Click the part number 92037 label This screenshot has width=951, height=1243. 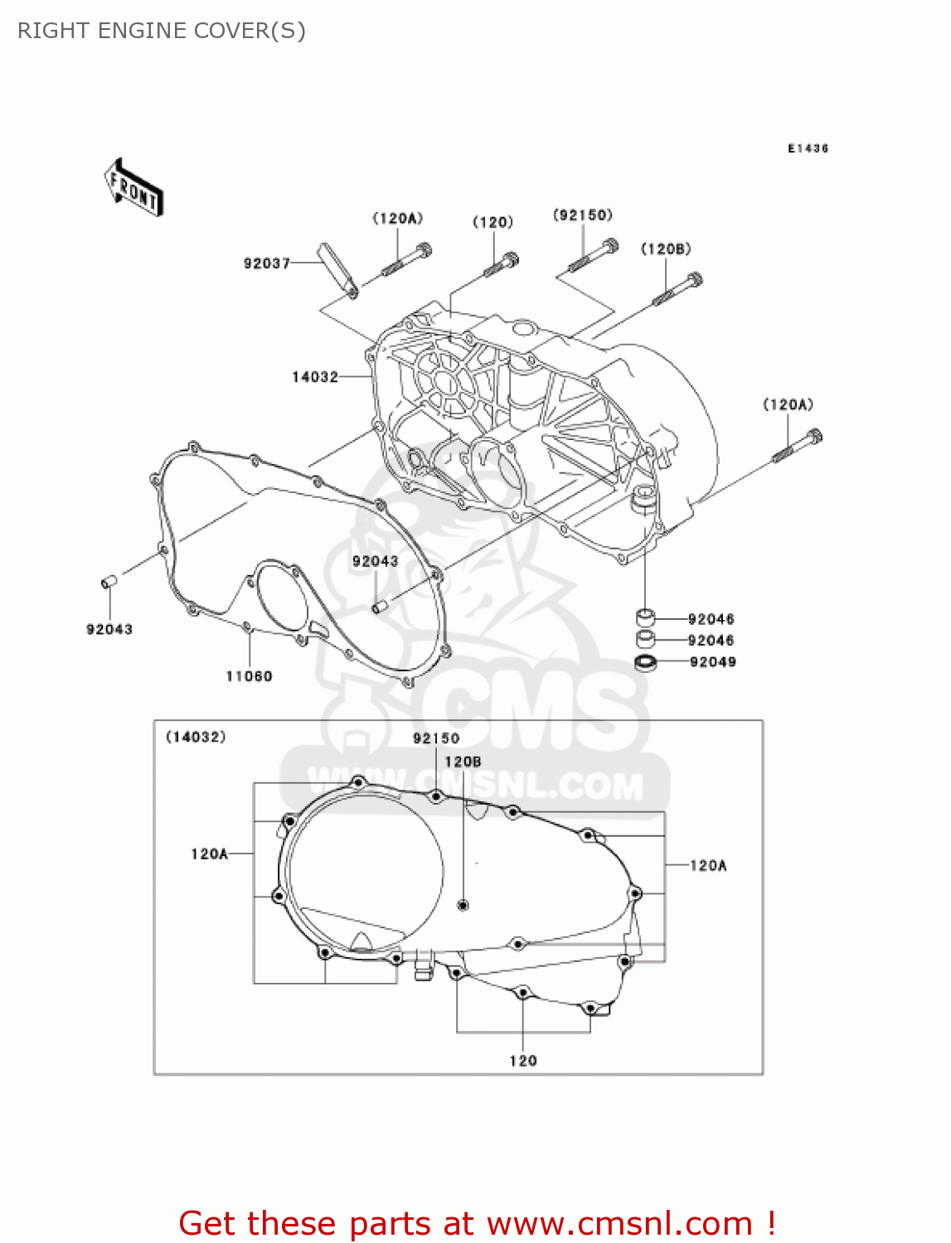[266, 264]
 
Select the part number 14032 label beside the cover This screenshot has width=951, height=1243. [315, 377]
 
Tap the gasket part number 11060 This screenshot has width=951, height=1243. [249, 676]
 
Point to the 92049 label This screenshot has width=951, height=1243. [713, 662]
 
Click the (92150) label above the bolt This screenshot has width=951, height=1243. [583, 215]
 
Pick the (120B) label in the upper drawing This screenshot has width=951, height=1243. [666, 249]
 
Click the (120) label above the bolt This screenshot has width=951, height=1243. [492, 222]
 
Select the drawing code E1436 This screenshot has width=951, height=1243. [808, 148]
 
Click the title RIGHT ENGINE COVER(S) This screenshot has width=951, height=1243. [162, 31]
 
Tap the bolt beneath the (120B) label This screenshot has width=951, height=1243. [678, 290]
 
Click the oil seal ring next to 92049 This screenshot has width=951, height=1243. [645, 663]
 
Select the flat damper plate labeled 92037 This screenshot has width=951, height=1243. [337, 268]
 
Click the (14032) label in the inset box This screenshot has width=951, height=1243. [196, 737]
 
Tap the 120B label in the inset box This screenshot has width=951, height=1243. [463, 762]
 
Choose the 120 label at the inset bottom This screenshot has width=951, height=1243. [523, 1061]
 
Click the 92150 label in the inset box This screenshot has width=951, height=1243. [436, 738]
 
